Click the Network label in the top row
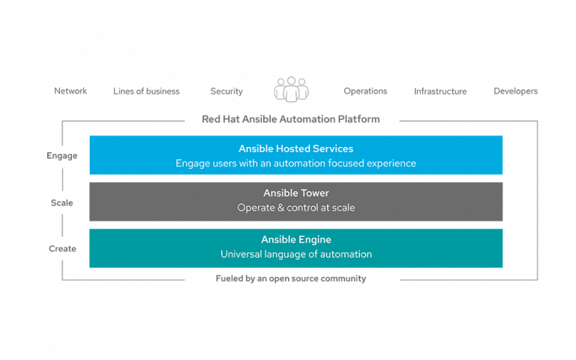point(70,91)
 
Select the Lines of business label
point(146,91)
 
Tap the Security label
point(226,91)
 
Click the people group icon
point(291,89)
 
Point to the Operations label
point(365,91)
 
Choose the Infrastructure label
point(440,91)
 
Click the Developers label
point(515,91)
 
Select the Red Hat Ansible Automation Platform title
point(291,119)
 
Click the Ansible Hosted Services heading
point(295,148)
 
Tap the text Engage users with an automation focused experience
point(295,163)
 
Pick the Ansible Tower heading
point(295,193)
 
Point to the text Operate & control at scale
point(295,208)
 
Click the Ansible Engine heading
point(295,239)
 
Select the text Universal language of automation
point(295,254)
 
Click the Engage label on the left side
point(61,156)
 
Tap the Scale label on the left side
point(61,202)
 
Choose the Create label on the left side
point(62,249)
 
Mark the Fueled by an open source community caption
point(291,278)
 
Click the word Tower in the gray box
point(313,193)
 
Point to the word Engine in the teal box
point(315,239)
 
